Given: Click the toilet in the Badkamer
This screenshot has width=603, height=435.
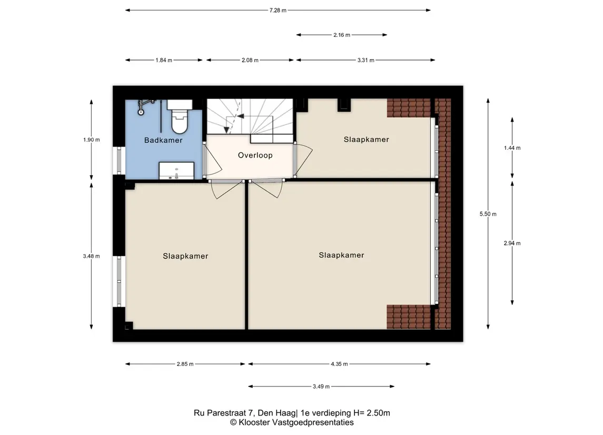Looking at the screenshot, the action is [180, 116].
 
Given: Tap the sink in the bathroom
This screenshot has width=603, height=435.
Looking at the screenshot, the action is [176, 170].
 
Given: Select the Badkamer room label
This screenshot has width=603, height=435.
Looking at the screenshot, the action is [163, 140].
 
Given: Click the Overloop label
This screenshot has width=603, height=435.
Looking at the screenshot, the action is [255, 155].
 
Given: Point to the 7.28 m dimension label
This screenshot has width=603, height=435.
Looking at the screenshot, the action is [278, 11].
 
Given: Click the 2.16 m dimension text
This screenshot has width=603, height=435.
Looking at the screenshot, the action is [342, 35].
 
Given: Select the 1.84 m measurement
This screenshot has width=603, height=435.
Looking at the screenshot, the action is [164, 60].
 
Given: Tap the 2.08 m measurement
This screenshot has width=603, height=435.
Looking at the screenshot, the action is [250, 60].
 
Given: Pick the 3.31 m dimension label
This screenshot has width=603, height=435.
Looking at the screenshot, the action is [365, 60].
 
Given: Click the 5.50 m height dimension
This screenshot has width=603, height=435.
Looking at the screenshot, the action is [488, 214].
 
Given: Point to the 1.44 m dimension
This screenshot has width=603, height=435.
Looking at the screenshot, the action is [512, 148].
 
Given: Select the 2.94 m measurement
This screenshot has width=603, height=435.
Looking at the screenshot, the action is [512, 243].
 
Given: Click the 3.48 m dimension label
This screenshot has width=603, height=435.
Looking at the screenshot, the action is [92, 256].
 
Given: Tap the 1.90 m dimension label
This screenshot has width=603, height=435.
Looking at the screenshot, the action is [92, 140].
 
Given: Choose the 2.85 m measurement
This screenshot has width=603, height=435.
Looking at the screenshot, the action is [185, 364].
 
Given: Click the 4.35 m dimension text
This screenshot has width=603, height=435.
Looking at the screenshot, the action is [339, 364].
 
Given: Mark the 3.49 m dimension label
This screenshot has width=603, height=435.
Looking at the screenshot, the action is [321, 386].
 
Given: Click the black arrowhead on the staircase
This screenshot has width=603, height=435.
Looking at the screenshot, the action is [240, 116].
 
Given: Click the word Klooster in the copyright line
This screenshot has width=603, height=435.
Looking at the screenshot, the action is [254, 422].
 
